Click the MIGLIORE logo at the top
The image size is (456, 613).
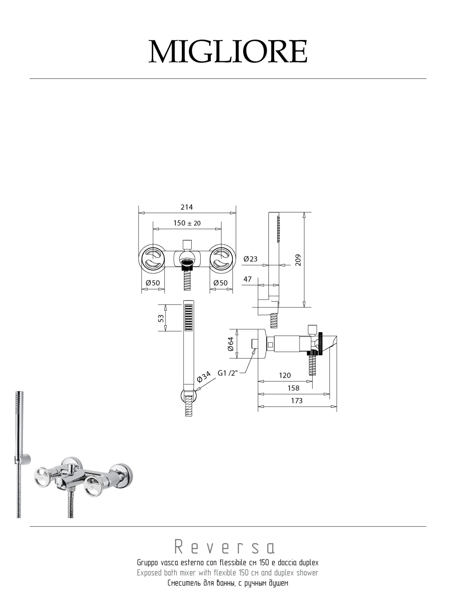[228, 51]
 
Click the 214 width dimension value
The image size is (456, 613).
[187, 207]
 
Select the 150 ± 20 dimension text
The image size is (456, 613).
[187, 223]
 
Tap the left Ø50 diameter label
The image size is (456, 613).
[152, 283]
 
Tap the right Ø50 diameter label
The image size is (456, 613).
[221, 283]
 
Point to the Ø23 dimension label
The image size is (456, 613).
[250, 259]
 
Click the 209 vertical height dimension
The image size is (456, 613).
[298, 260]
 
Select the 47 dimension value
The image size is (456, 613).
[248, 279]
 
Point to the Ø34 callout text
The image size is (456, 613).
[203, 377]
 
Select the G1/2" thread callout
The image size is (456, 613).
[228, 373]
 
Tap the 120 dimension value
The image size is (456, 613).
[285, 375]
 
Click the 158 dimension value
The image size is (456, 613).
[293, 388]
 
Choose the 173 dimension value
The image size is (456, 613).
[297, 401]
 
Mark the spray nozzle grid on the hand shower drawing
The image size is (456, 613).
[189, 317]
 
